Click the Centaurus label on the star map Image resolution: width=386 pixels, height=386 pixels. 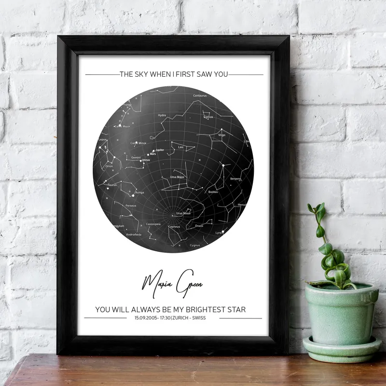click(x=200, y=96)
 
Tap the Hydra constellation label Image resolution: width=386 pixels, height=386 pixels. click(x=162, y=115)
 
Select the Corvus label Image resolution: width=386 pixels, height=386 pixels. click(x=208, y=117)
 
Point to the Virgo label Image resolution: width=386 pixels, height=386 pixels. click(x=222, y=135)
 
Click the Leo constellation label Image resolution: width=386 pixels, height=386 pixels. click(x=181, y=147)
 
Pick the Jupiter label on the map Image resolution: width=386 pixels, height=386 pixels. click(x=160, y=150)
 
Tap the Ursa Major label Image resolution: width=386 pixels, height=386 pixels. click(x=178, y=177)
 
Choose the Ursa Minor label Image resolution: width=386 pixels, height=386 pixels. click(x=183, y=213)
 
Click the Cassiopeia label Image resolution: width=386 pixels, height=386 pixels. click(x=153, y=224)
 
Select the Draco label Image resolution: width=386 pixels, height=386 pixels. click(x=199, y=225)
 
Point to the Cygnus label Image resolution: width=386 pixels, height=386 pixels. click(x=195, y=245)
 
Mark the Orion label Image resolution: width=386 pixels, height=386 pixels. click(x=109, y=166)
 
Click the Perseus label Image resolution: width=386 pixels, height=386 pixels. click(x=131, y=206)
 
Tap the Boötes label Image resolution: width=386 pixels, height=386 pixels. click(x=213, y=192)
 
